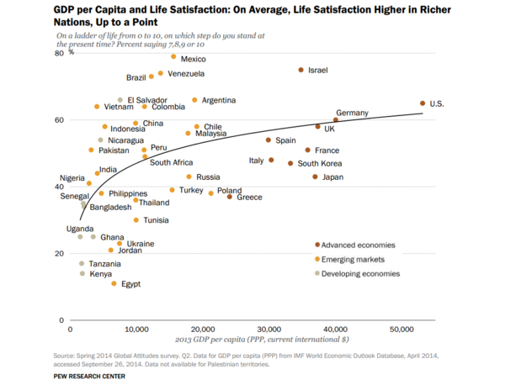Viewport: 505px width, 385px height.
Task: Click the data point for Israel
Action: click(x=300, y=70)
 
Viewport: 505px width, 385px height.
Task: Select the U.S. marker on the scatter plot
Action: click(x=423, y=103)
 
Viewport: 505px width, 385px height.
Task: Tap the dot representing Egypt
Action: click(x=114, y=283)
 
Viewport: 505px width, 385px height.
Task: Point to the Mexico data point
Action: click(x=173, y=57)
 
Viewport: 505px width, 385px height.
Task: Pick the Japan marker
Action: click(x=315, y=177)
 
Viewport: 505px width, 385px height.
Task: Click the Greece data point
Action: click(x=229, y=197)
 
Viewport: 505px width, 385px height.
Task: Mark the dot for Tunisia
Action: click(x=136, y=220)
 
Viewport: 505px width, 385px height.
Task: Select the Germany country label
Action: click(x=352, y=113)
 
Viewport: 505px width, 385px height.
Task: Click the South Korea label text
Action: click(x=320, y=164)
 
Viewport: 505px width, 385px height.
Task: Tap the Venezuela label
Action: click(x=186, y=74)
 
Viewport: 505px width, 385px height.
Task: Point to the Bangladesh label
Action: click(x=110, y=207)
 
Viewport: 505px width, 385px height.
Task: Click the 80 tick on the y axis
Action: click(x=59, y=53)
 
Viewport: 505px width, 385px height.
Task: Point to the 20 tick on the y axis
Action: click(x=59, y=254)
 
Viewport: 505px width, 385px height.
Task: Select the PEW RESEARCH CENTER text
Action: click(x=89, y=375)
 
